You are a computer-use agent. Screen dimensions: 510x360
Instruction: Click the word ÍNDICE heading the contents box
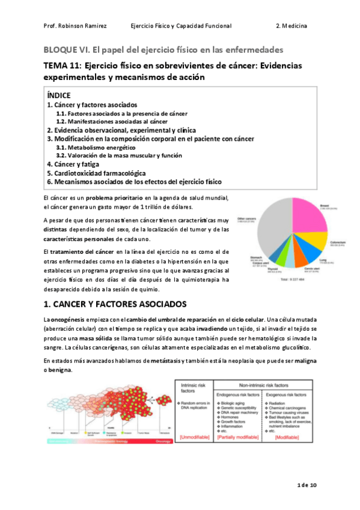point(59,95)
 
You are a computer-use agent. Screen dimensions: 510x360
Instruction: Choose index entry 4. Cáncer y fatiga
point(73,164)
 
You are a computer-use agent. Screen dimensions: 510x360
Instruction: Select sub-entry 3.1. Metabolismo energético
point(96,147)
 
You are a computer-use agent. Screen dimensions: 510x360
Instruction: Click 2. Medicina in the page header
point(291,26)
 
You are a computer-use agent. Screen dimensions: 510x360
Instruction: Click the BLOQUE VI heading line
point(163,49)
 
